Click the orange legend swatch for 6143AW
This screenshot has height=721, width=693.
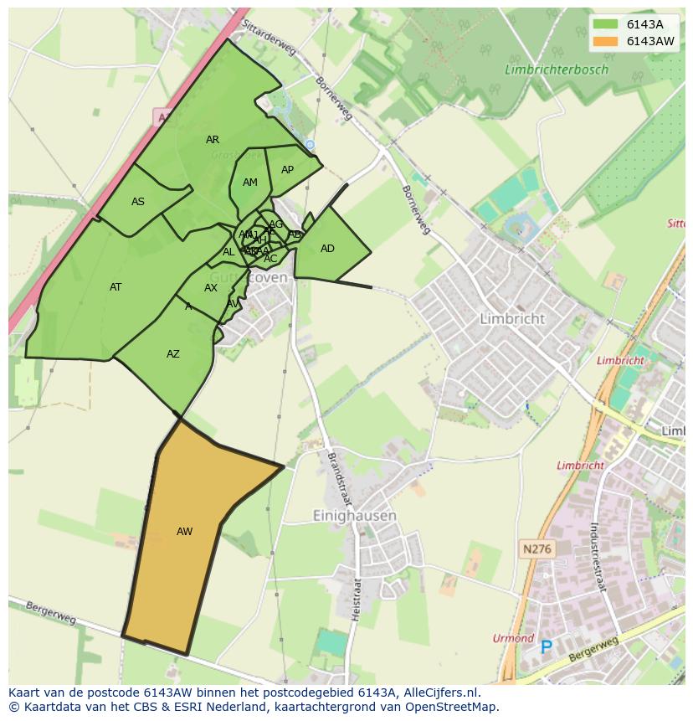(x=605, y=41)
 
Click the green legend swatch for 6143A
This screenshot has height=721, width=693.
(x=605, y=24)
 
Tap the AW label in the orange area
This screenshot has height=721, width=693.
(x=185, y=532)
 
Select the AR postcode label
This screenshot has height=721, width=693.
(x=213, y=140)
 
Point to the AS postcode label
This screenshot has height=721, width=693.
(x=138, y=202)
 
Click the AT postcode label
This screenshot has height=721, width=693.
(x=116, y=287)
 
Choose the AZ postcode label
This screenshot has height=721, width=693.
(x=173, y=354)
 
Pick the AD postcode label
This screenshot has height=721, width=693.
(x=327, y=249)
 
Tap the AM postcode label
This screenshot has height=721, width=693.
(x=250, y=183)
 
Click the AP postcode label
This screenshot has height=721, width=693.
(x=287, y=170)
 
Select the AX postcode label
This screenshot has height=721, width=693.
(x=211, y=288)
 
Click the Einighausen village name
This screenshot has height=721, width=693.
(x=354, y=516)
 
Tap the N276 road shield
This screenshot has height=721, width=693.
(x=537, y=549)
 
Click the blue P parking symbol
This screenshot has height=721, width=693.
(x=547, y=646)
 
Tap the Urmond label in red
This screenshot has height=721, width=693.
(x=513, y=638)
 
